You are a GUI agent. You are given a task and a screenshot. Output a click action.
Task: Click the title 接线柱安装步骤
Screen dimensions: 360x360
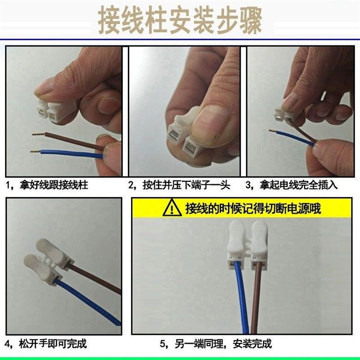coord(180,20)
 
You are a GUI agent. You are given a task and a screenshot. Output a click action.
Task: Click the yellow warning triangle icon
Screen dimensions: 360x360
coord(172,209)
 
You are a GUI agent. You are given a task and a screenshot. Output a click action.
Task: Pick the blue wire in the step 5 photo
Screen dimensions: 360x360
coord(241,297)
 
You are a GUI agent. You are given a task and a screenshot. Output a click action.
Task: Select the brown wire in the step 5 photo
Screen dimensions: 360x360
coord(258,297)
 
